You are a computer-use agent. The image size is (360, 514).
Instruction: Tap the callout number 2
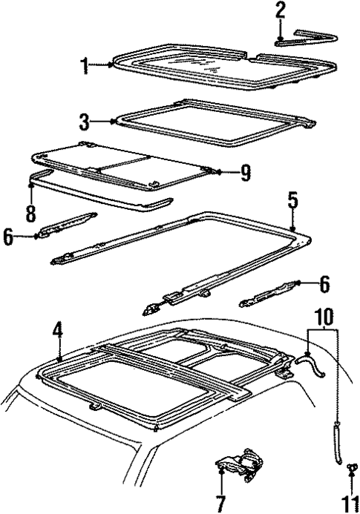tap(280, 11)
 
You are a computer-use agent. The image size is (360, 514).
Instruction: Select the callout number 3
tap(86, 120)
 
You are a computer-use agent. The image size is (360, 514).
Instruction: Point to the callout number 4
tap(57, 332)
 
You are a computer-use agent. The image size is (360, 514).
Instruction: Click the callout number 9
tap(245, 173)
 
